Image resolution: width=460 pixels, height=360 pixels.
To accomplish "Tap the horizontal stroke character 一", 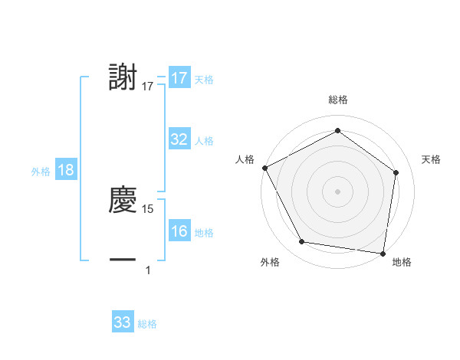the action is click(123, 260).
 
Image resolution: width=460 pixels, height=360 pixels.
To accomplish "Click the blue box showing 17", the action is click(179, 78).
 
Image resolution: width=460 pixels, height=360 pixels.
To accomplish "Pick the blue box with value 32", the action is click(179, 139).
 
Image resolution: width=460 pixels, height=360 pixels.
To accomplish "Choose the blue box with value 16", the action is click(179, 231).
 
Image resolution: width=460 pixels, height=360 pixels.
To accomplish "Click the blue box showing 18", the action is click(66, 170).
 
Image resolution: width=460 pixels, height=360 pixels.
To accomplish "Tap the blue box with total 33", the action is click(123, 322).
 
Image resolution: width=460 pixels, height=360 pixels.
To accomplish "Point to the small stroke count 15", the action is click(149, 208).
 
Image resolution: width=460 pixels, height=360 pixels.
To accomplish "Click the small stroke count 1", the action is click(149, 270).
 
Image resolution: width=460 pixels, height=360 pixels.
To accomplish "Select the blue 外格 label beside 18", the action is click(41, 172).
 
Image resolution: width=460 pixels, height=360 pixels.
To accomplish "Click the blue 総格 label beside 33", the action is click(147, 324).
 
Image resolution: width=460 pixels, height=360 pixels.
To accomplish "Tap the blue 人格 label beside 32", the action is click(204, 141).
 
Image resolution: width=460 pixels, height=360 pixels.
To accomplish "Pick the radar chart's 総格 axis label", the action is click(338, 100).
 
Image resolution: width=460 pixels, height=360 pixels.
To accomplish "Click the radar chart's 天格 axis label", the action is click(431, 159).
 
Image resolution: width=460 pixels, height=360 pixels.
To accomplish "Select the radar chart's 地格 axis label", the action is click(402, 262).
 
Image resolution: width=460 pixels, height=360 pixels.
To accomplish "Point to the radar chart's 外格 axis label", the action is click(270, 262).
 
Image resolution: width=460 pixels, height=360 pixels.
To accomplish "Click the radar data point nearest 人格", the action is click(264, 167).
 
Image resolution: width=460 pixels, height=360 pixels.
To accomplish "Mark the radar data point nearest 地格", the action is click(383, 253).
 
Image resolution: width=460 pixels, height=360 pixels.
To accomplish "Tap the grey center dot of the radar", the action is click(338, 191).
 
